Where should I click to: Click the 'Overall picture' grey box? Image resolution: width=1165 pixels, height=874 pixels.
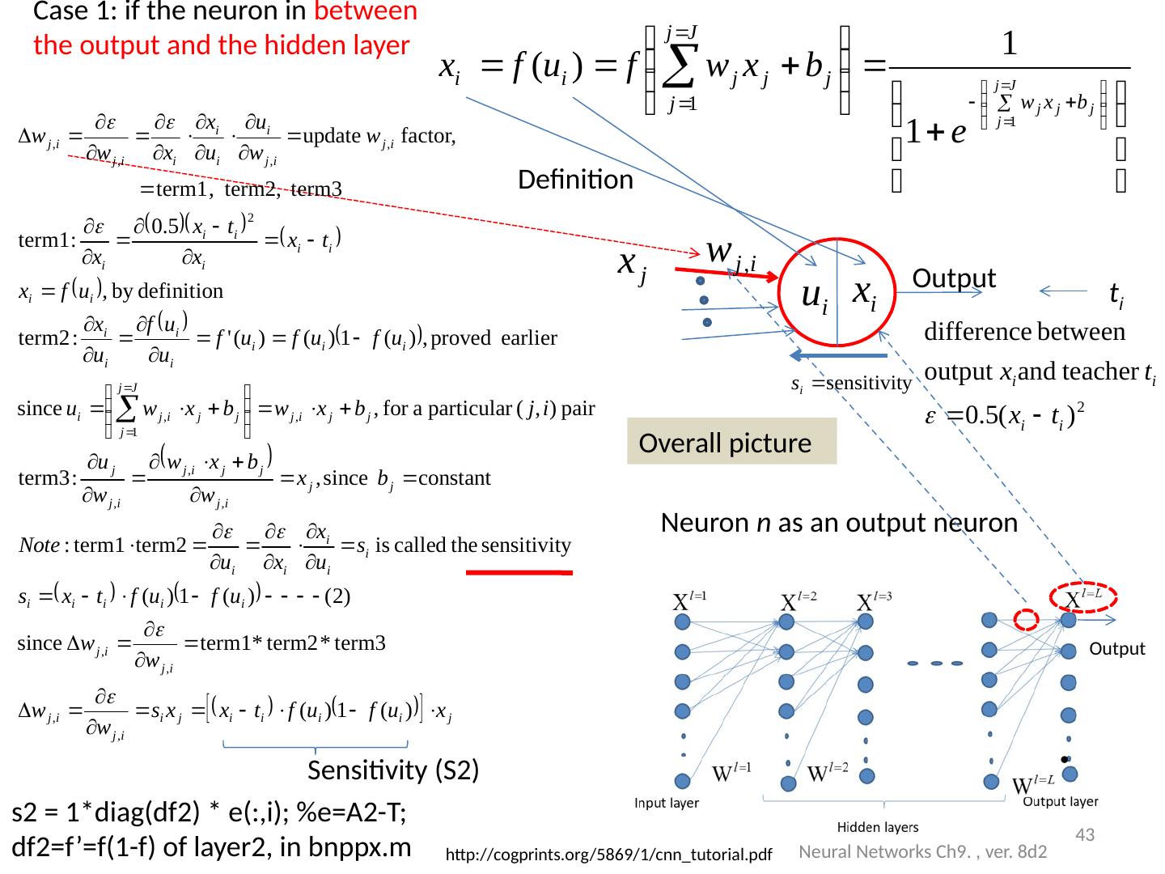pos(731,442)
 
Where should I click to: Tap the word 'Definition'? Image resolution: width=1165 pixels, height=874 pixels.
pos(575,180)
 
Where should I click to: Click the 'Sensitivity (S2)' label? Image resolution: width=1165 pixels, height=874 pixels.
pos(393,771)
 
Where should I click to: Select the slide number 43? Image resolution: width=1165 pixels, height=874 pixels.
pos(1084,834)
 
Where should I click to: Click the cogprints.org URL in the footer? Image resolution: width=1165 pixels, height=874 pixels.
pos(609,855)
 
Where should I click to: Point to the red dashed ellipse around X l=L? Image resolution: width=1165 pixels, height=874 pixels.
pos(1083,597)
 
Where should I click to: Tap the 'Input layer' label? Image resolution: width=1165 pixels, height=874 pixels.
pos(667,804)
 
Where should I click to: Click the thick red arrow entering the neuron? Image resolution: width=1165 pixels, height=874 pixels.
pos(715,274)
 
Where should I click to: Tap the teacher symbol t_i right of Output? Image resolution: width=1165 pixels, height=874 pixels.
pos(1115,295)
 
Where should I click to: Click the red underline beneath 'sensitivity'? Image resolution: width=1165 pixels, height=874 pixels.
pos(519,572)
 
